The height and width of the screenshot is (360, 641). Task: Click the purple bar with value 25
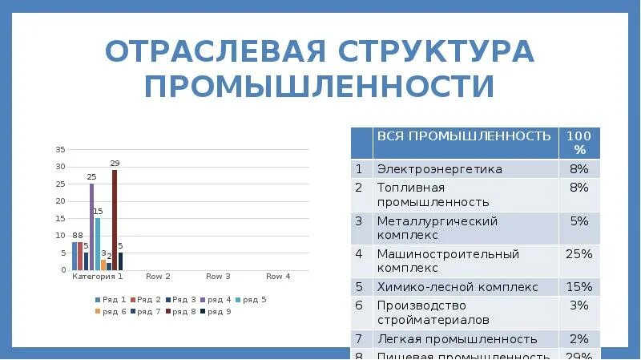click(x=91, y=226)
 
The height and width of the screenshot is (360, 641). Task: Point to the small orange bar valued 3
click(x=103, y=265)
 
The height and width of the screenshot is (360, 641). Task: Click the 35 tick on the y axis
click(x=60, y=150)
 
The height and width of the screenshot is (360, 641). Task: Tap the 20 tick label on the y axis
click(x=60, y=201)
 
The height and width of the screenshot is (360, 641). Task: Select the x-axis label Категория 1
click(x=98, y=277)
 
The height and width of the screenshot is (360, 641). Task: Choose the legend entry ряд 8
click(x=180, y=311)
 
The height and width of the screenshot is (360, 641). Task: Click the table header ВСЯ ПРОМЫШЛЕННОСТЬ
click(x=464, y=136)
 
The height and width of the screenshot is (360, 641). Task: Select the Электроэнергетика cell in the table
click(x=440, y=169)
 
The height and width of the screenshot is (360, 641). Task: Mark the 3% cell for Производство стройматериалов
click(x=579, y=305)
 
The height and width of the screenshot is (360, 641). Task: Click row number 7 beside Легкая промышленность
click(x=360, y=339)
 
